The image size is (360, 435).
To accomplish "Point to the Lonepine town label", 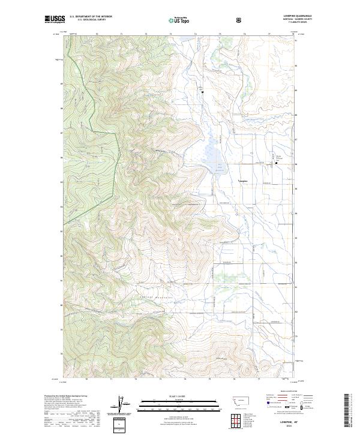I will [x=244, y=179].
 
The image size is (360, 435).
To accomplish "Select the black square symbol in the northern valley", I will [x=203, y=92].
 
